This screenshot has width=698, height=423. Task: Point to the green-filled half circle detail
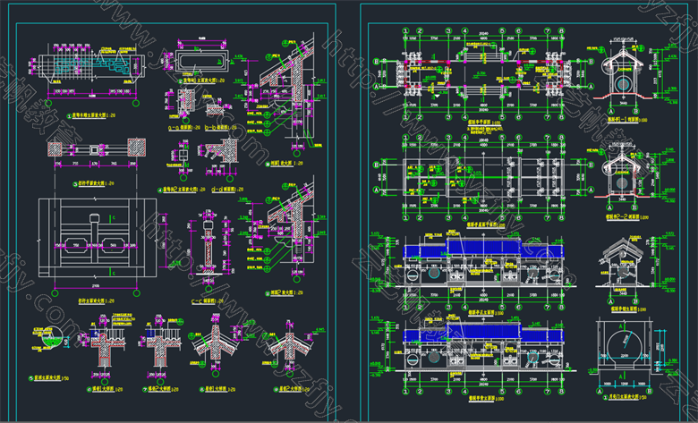[55, 340]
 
